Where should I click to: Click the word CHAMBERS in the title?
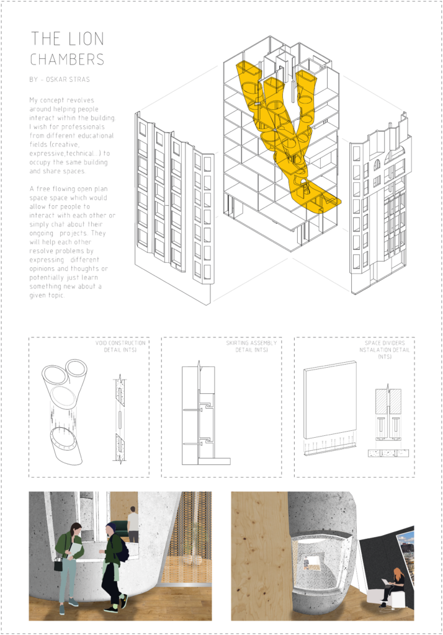(x=68, y=60)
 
